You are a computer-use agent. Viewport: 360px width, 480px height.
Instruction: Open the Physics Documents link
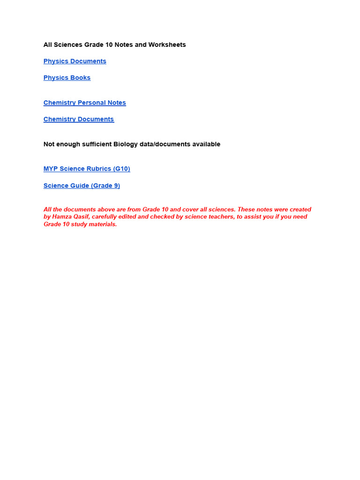75,61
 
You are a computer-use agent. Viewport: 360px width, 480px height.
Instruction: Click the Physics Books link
67,78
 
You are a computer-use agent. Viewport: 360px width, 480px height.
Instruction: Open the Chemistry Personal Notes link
84,103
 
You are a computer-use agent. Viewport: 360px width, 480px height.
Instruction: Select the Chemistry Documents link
78,120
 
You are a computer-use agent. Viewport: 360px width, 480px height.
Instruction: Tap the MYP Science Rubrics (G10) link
87,169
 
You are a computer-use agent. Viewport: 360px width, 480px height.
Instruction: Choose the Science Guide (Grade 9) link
82,186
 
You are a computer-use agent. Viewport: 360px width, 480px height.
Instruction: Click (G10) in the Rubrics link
121,169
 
